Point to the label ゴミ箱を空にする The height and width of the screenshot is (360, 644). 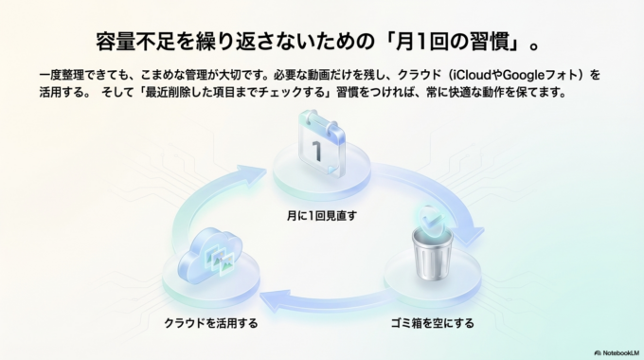433,323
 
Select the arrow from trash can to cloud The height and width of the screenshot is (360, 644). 322,301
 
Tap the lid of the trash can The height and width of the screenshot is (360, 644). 431,234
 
